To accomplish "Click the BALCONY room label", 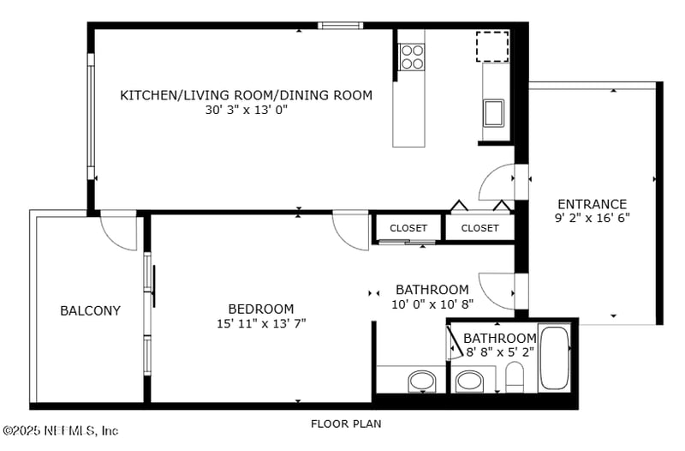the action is coord(90,310).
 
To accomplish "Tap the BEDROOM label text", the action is coord(261,309).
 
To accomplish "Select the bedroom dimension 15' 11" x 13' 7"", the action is coord(261,323).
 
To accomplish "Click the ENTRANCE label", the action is coord(592,204).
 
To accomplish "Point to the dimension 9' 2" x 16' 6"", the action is coord(592,218).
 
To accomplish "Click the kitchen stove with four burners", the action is coord(412,57).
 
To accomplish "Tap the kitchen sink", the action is coord(494,113).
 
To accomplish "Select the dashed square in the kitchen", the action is coord(492,46).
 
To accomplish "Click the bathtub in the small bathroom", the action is coord(554,358).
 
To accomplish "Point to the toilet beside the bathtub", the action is coord(515,377).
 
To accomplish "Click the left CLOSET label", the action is coord(408,228).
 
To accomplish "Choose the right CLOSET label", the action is coord(479,228).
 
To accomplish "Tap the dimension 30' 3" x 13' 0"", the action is coord(247,110).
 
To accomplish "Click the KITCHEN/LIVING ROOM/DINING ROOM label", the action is coord(247,95).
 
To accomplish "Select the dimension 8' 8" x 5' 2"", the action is coord(500,352).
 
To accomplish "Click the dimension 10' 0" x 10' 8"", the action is coord(432,304).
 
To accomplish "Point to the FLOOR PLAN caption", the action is coord(346,424).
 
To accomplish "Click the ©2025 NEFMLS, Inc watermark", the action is coord(60,430).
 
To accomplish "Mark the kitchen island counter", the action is coord(409,114).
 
